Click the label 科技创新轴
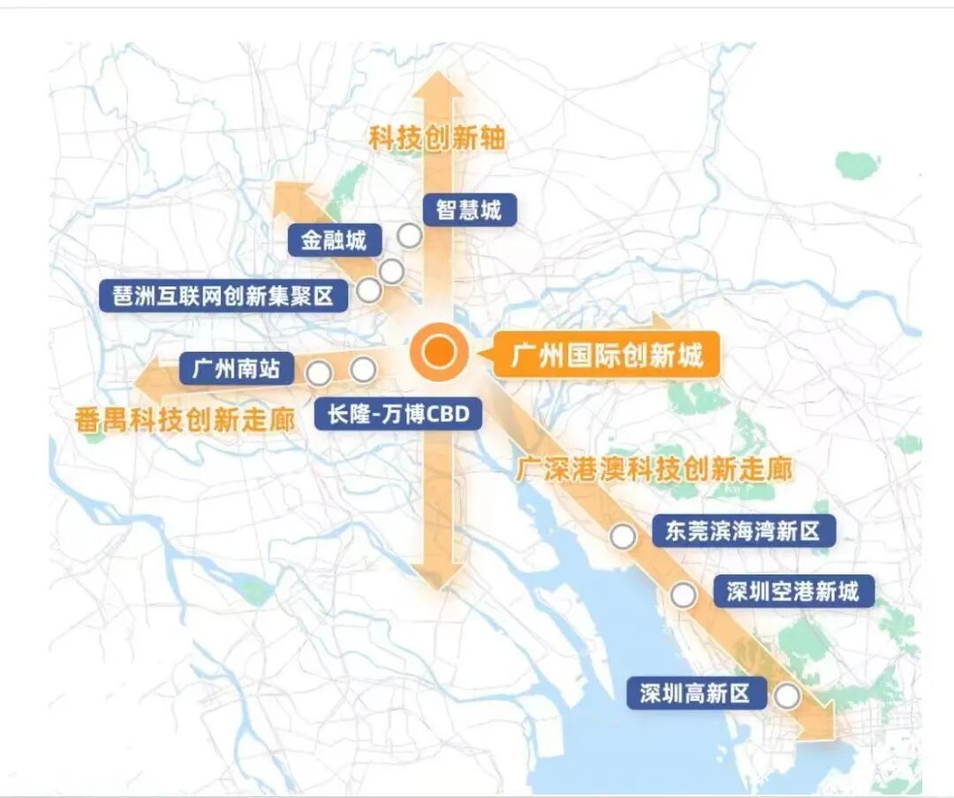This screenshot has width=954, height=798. [437, 139]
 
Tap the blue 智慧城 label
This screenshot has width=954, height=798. [468, 209]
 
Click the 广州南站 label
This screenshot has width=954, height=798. [236, 368]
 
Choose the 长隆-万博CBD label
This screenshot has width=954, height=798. [397, 414]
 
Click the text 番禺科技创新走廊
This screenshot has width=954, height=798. [186, 420]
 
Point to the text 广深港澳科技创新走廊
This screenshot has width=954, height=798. [655, 468]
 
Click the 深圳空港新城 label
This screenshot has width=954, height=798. [792, 591]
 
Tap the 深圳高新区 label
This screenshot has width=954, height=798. [695, 694]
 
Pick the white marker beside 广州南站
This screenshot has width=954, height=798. [320, 373]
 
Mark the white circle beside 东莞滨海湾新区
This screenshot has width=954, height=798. [624, 536]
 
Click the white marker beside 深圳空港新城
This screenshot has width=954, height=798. [683, 596]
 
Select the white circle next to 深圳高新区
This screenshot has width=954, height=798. [786, 696]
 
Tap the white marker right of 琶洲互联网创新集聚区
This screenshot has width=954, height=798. [368, 290]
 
